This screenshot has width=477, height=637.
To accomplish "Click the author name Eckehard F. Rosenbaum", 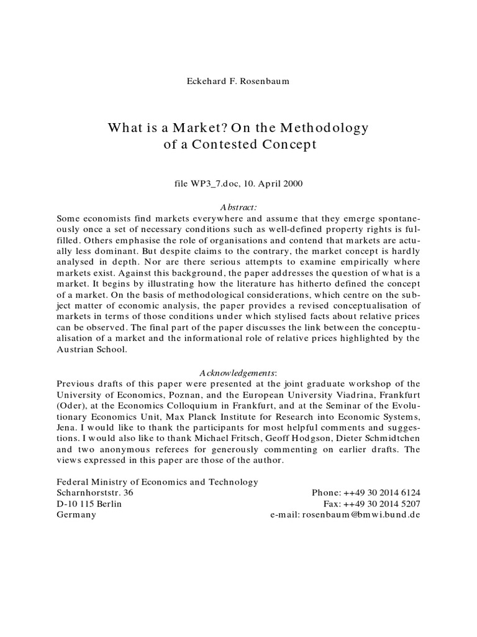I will [238, 80].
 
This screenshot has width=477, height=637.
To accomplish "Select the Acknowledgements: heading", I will [238, 372].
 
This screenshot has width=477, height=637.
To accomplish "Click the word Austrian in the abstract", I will [75, 350].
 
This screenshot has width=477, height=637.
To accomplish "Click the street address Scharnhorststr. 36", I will [94, 493].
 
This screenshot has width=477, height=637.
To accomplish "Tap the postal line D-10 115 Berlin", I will [89, 504].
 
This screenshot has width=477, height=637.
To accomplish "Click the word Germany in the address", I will [76, 515].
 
